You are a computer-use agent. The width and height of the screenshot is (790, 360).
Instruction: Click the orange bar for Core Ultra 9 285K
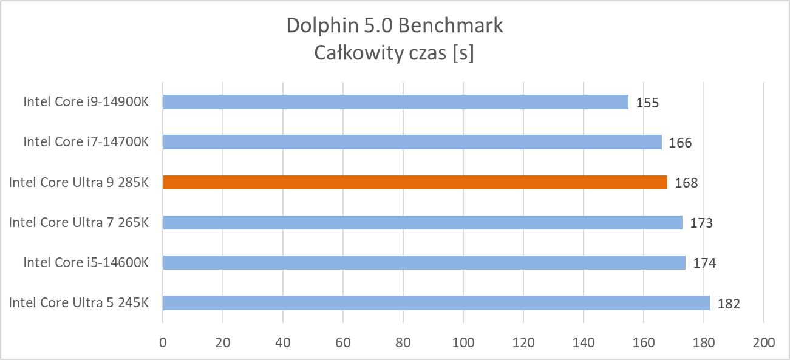pyautogui.click(x=415, y=182)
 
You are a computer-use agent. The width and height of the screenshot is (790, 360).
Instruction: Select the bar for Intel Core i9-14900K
pyautogui.click(x=395, y=102)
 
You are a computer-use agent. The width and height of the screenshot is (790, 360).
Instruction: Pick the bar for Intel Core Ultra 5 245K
pyautogui.click(x=436, y=302)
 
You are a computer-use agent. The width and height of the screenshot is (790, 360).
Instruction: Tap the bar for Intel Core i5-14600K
pyautogui.click(x=424, y=262)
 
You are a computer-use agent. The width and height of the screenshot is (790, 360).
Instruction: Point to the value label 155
pyautogui.click(x=647, y=103)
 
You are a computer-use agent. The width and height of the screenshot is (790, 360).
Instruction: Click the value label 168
pyautogui.click(x=686, y=183)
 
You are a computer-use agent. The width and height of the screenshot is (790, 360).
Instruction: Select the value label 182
pyautogui.click(x=729, y=304)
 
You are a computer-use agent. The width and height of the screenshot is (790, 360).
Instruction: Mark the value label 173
pyautogui.click(x=701, y=223)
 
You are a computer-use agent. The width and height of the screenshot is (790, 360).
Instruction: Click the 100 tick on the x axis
pyautogui.click(x=463, y=342)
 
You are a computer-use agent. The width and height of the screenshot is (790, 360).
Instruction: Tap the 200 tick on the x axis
pyautogui.click(x=764, y=342)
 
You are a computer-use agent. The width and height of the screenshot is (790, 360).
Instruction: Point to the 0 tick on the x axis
pyautogui.click(x=163, y=342)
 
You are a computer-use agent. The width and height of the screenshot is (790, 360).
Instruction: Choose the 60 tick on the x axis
pyautogui.click(x=343, y=342)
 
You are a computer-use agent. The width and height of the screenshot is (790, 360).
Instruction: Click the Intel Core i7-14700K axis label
pyautogui.click(x=86, y=142)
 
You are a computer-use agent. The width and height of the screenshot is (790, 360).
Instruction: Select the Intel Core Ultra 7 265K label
pyautogui.click(x=78, y=222)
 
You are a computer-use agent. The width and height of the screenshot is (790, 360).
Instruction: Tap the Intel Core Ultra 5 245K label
pyautogui.click(x=78, y=302)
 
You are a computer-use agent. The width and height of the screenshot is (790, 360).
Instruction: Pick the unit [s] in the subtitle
pyautogui.click(x=462, y=53)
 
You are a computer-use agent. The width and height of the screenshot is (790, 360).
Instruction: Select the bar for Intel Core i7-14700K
pyautogui.click(x=412, y=142)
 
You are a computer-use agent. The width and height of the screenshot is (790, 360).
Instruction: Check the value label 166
pyautogui.click(x=681, y=143)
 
